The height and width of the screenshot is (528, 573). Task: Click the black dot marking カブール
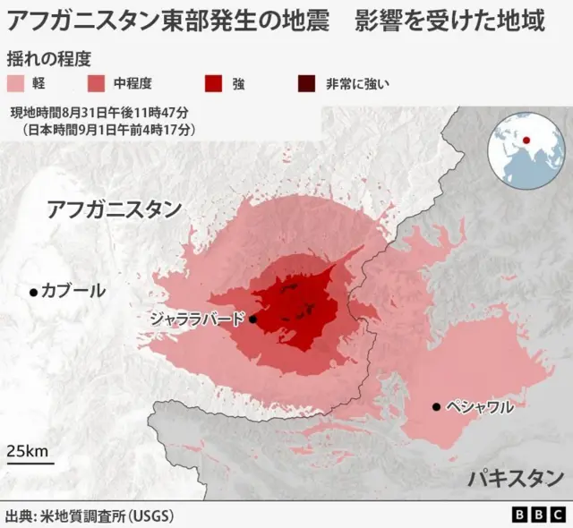(33, 292)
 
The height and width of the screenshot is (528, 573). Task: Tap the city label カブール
(73, 291)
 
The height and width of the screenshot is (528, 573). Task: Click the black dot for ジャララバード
(252, 319)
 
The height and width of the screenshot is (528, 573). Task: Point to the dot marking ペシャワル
(436, 407)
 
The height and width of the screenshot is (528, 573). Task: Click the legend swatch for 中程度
(97, 84)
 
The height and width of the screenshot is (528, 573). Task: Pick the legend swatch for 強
(214, 84)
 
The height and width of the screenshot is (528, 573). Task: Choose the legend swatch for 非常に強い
(306, 84)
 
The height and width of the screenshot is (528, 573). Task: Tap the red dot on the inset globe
(526, 139)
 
